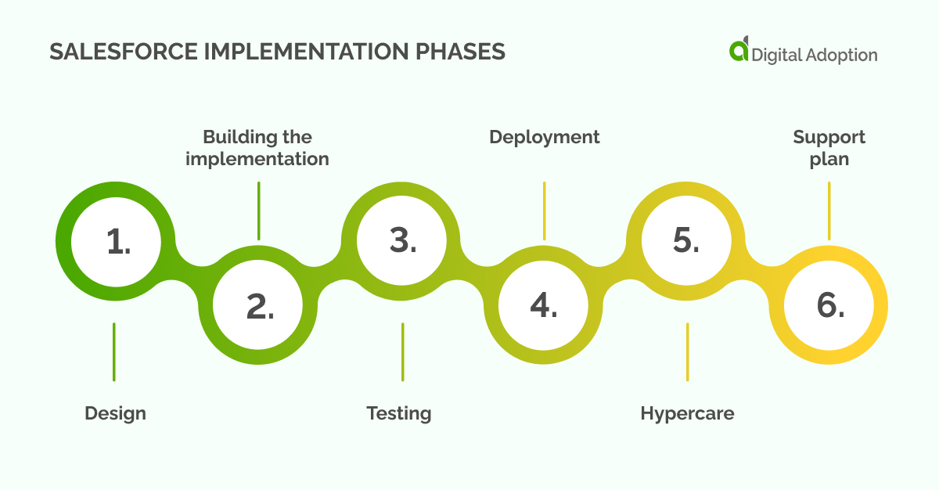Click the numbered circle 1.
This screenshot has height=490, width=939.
[118, 242]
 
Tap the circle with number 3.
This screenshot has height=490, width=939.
[403, 242]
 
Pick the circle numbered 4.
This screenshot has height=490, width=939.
[545, 307]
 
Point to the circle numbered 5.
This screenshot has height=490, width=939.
[687, 242]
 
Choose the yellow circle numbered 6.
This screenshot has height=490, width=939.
[829, 307]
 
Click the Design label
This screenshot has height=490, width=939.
[115, 413]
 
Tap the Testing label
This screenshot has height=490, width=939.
[399, 413]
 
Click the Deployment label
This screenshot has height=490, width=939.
[545, 137]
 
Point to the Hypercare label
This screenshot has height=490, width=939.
[687, 413]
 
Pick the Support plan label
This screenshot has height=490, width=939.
[829, 148]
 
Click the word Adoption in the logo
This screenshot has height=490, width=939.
[842, 55]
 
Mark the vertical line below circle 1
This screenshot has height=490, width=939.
[114, 351]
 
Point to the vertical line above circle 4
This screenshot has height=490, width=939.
[545, 211]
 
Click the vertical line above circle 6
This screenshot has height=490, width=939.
[829, 211]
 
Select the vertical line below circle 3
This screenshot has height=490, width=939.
[403, 351]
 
